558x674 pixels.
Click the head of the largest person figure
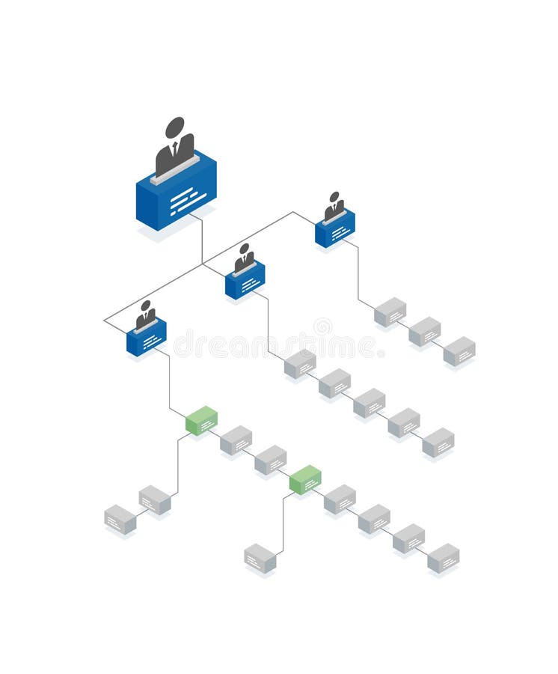click(x=175, y=127)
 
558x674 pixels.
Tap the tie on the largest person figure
click(x=175, y=148)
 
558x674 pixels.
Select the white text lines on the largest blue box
click(x=186, y=201)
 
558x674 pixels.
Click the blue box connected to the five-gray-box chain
click(x=245, y=281)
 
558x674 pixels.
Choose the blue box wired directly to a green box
click(x=147, y=338)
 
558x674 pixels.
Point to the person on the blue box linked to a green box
click(x=146, y=315)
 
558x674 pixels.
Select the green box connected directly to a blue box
click(x=201, y=420)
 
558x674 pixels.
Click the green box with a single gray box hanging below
click(x=305, y=479)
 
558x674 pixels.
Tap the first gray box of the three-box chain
click(x=390, y=312)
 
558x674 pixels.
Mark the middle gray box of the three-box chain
click(x=425, y=331)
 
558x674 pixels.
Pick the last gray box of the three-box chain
click(x=459, y=350)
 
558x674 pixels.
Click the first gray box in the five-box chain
click(x=300, y=364)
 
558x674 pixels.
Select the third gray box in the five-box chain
click(x=369, y=403)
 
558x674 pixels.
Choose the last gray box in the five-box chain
click(x=438, y=442)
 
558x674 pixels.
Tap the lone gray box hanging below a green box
click(x=260, y=559)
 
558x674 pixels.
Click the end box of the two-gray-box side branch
click(x=120, y=520)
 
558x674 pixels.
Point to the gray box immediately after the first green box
click(x=236, y=440)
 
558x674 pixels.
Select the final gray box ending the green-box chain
click(x=444, y=558)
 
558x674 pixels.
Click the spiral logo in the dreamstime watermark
click(x=323, y=327)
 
